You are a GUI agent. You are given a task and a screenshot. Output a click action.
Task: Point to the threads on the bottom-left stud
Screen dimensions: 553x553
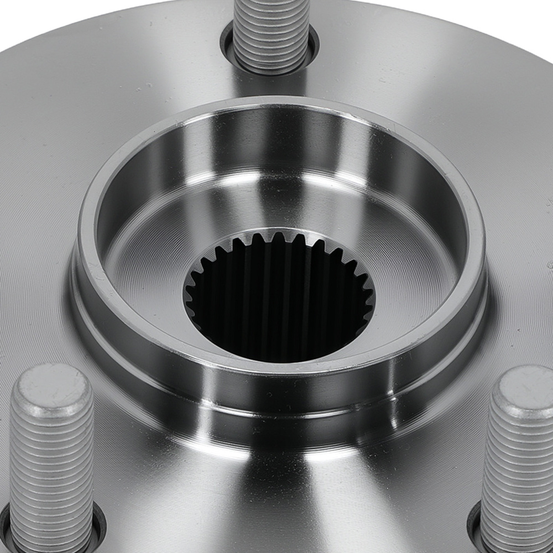tap(51, 470)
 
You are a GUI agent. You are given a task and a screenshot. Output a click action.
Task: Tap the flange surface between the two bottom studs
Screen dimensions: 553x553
tap(276, 498)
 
